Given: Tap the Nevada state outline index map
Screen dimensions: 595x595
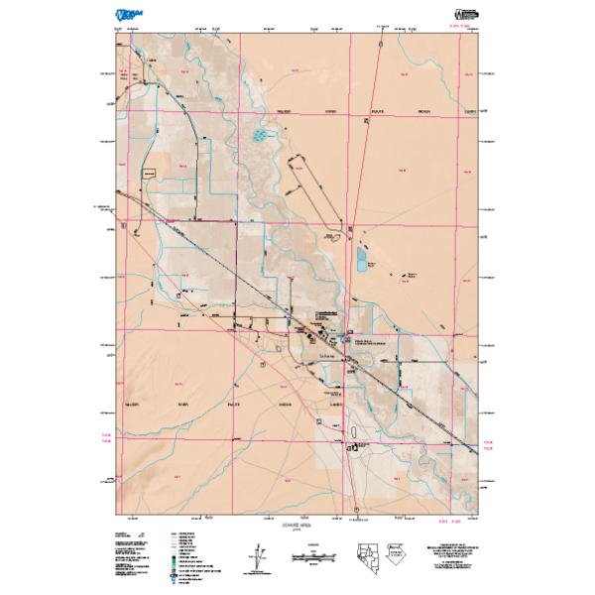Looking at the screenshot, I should point(364,558).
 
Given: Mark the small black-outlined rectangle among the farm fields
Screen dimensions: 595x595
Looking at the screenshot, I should point(152,173).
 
